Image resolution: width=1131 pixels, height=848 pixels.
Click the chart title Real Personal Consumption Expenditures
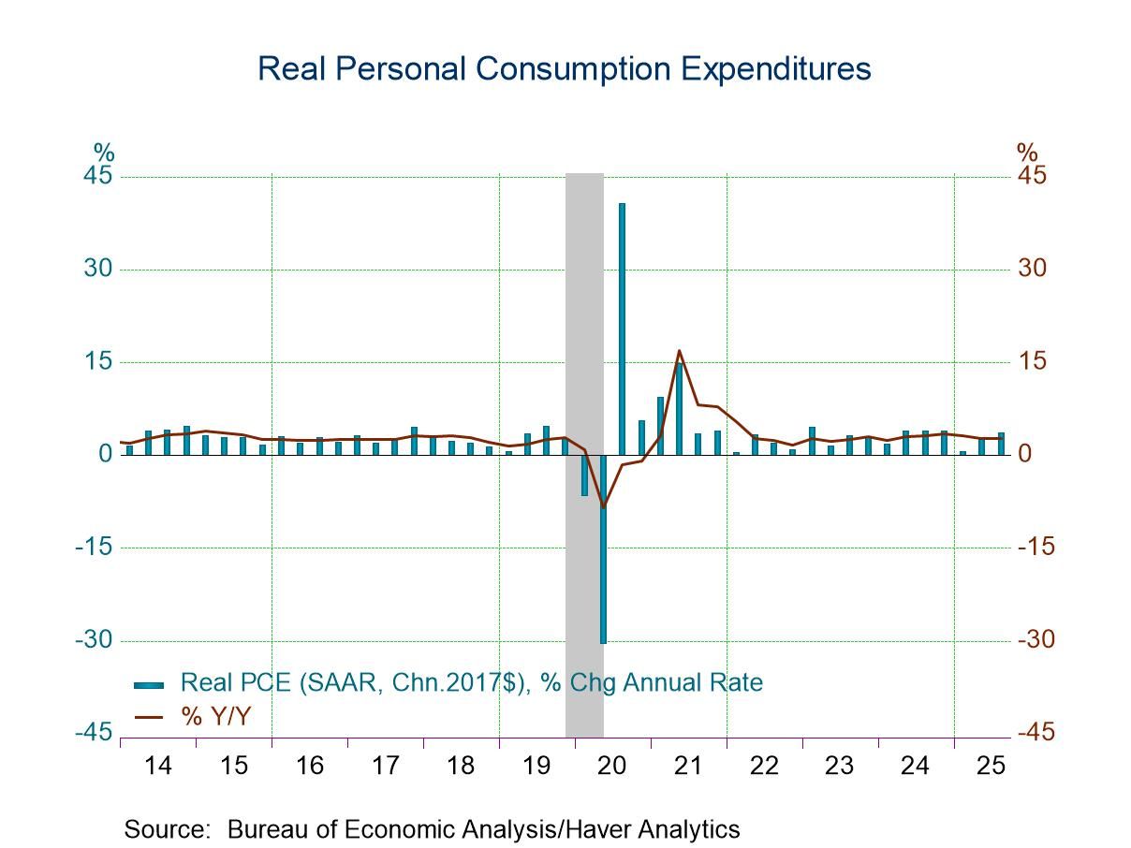click(564, 70)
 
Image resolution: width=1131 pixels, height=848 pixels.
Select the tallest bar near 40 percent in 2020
click(622, 328)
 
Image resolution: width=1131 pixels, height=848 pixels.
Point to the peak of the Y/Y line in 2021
click(679, 351)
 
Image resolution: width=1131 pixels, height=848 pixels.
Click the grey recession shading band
click(584, 281)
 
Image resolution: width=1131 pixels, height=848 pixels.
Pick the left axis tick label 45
click(99, 177)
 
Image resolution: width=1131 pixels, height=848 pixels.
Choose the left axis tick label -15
click(95, 548)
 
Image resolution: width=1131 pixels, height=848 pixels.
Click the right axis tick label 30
click(1034, 270)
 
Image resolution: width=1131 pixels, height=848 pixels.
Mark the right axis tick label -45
click(1036, 732)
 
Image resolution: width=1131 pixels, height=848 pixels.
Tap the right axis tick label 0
click(1025, 455)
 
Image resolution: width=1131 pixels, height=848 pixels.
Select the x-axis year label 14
click(158, 766)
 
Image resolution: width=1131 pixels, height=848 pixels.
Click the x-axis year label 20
click(611, 766)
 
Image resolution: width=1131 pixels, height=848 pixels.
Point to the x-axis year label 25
click(991, 766)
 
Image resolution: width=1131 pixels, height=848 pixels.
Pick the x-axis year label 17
click(385, 766)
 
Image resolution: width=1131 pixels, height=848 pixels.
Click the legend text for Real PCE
click(471, 682)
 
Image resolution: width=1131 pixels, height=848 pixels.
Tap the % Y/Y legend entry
click(215, 717)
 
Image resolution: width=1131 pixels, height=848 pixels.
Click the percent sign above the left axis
click(103, 153)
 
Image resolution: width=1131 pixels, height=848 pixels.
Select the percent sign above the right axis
click(1027, 153)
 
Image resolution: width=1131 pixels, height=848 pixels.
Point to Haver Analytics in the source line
click(652, 829)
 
